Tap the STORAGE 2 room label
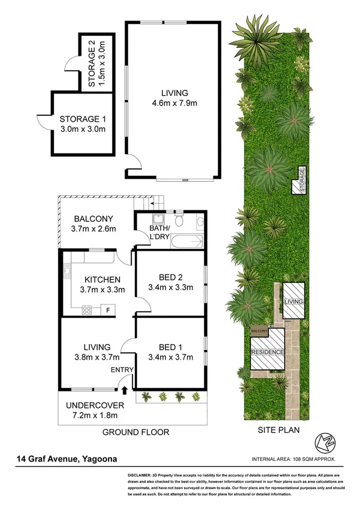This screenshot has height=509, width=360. coord(96,62)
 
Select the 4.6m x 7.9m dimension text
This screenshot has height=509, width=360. coord(174,103)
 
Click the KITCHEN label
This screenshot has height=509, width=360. coord(102,280)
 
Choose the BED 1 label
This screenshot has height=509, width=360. coord(171,348)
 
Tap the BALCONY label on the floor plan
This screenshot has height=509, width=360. coord(93,218)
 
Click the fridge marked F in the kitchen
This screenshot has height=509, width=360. coord(108,310)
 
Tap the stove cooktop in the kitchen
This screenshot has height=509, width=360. coord(86,310)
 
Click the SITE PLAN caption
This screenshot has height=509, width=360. coord(277,430)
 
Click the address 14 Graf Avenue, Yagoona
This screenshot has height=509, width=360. coord(67,460)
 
